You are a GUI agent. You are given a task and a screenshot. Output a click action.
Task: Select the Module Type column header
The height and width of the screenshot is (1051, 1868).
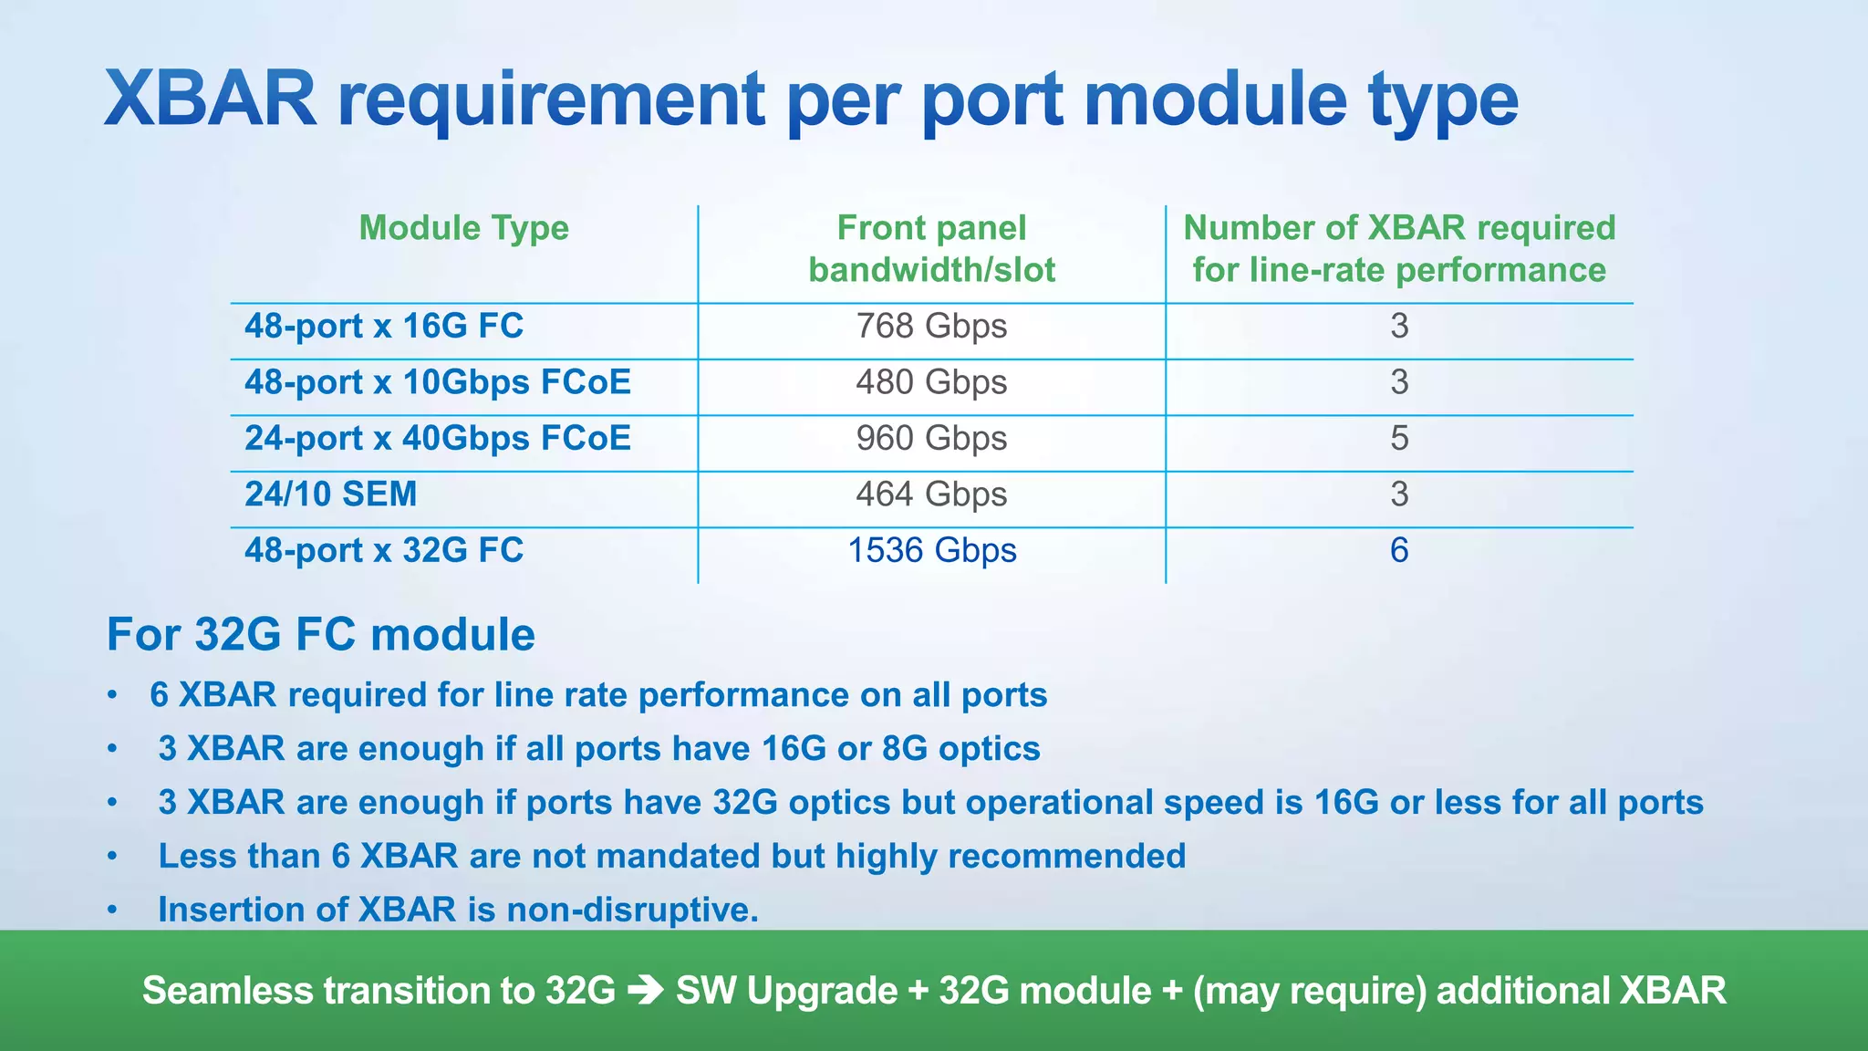[463, 228]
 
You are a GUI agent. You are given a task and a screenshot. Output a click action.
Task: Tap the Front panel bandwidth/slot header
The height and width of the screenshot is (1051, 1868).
[931, 248]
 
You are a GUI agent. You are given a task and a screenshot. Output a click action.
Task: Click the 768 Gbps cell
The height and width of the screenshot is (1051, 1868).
[931, 327]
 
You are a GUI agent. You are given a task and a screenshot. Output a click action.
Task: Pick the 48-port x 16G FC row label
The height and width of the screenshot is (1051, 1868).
[384, 327]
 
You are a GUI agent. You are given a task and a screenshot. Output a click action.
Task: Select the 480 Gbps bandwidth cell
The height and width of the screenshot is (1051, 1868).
[931, 382]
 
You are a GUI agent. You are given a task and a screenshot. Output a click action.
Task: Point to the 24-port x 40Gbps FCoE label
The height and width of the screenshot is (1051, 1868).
[437, 439]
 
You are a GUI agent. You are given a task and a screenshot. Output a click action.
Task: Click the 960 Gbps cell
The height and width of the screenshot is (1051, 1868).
[931, 439]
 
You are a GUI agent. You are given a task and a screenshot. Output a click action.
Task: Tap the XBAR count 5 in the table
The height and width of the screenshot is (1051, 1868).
[1399, 439]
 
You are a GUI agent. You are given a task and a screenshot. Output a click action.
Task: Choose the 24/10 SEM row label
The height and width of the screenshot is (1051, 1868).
[330, 494]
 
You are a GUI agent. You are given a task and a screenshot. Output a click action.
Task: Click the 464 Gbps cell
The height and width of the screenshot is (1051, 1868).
[931, 494]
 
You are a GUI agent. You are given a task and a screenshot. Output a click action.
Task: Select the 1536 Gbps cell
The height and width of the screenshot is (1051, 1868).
[931, 551]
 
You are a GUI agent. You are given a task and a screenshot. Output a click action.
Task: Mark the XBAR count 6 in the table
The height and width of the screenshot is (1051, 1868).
[1399, 551]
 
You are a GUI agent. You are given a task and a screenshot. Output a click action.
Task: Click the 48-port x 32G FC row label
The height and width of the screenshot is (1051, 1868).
[384, 551]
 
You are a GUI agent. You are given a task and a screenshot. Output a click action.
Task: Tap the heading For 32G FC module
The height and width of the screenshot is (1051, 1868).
[320, 635]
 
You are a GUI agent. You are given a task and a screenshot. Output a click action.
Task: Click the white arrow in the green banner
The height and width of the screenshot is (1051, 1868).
[646, 990]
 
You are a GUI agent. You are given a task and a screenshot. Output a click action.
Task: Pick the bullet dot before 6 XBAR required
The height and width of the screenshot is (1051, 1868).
[112, 696]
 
